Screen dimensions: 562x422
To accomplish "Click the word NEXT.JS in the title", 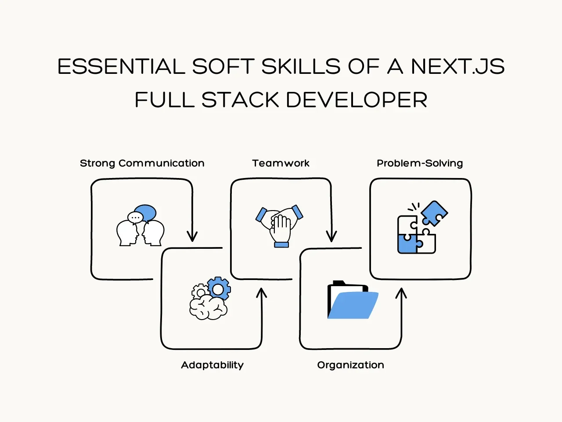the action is pyautogui.click(x=458, y=66).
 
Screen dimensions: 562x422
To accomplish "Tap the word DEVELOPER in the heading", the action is pyautogui.click(x=357, y=100).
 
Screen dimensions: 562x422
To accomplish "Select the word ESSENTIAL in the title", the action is pyautogui.click(x=121, y=66).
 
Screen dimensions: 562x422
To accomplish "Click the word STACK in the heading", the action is pyautogui.click(x=240, y=100).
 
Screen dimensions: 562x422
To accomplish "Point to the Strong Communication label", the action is pyautogui.click(x=142, y=163).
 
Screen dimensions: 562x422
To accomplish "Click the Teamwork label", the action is pyautogui.click(x=281, y=163).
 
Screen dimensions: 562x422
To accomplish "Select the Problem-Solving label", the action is pyautogui.click(x=420, y=163).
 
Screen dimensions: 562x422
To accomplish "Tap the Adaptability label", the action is pyautogui.click(x=212, y=365).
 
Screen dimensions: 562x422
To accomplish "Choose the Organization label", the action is pyautogui.click(x=350, y=365).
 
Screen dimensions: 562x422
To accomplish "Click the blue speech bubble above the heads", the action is pyautogui.click(x=146, y=213).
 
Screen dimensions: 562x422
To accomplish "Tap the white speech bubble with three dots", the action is pyautogui.click(x=135, y=218).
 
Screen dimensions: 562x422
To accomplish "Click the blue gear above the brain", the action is pyautogui.click(x=219, y=288).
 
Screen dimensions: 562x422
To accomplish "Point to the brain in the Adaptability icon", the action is pyautogui.click(x=208, y=307).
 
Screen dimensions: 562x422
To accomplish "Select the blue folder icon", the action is pyautogui.click(x=353, y=300).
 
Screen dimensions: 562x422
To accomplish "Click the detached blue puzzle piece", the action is pyautogui.click(x=434, y=213).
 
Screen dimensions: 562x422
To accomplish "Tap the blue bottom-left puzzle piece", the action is pyautogui.click(x=407, y=244).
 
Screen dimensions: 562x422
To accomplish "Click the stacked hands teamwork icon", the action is pyautogui.click(x=279, y=226).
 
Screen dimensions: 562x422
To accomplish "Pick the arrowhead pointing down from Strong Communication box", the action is pyautogui.click(x=192, y=236).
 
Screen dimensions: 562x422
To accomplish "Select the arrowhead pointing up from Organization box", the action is pyautogui.click(x=401, y=293).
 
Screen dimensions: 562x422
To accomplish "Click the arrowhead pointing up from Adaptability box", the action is pyautogui.click(x=261, y=293).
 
